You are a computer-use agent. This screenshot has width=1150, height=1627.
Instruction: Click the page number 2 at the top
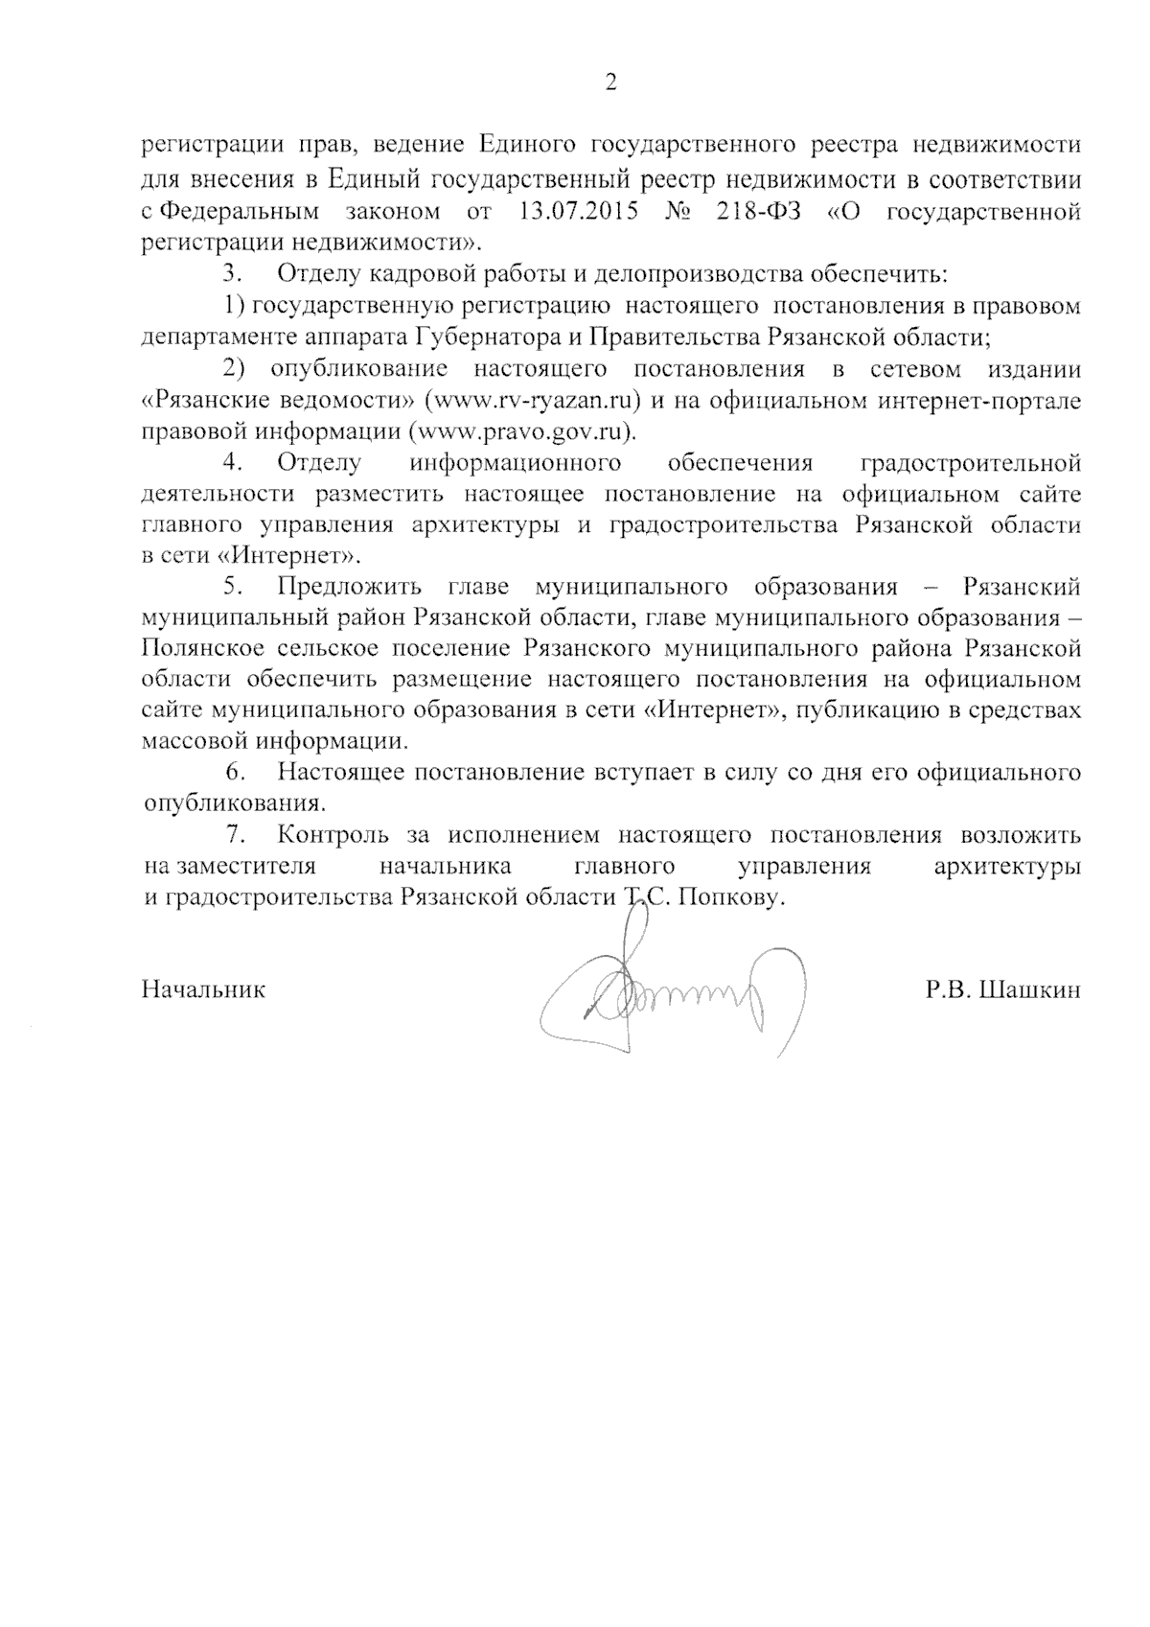click(610, 83)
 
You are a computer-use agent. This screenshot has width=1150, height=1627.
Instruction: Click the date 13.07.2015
click(578, 211)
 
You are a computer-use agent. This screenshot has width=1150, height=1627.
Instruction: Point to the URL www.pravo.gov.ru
click(521, 431)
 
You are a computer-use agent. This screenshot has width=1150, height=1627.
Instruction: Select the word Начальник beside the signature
click(203, 989)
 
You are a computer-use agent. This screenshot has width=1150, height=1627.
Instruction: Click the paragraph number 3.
click(232, 274)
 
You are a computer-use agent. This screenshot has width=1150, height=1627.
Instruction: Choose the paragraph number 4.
click(232, 463)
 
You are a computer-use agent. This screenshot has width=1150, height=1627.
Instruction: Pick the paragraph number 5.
click(232, 587)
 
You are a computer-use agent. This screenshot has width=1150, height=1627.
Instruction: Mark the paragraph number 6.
click(232, 773)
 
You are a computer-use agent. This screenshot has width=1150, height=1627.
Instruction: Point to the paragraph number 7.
click(232, 835)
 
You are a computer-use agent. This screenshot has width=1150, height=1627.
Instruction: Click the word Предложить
click(350, 587)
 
